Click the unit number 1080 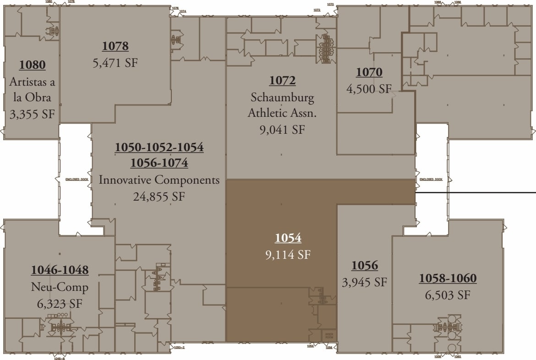coord(32,65)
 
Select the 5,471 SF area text coord(115,63)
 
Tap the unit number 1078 coord(115,46)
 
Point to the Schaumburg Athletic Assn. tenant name coord(282,105)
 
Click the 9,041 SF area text coord(282,130)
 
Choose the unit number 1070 coord(369,72)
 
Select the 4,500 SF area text coord(369,89)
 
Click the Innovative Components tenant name coord(159,180)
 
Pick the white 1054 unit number coord(288,238)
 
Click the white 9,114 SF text coord(288,255)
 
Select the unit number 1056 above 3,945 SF coord(364,265)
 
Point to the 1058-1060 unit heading coord(448,278)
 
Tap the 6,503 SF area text coord(448,295)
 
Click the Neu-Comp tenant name coord(60,287)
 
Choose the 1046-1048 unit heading coord(60,270)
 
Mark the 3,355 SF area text coord(32,114)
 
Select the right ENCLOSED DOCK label coord(431,180)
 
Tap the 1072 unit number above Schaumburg coord(282,81)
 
